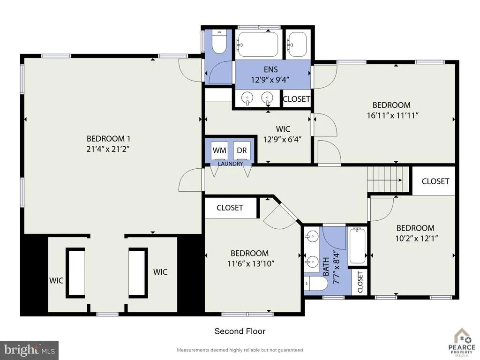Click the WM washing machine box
pyautogui.click(x=219, y=150)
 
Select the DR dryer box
pyautogui.click(x=242, y=150)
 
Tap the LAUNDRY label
pyautogui.click(x=230, y=164)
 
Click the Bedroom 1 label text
pyautogui.click(x=108, y=139)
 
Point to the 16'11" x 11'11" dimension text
pyautogui.click(x=393, y=115)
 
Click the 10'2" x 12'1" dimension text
pyautogui.click(x=417, y=238)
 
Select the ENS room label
pyautogui.click(x=270, y=69)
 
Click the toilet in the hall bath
pyautogui.click(x=316, y=284)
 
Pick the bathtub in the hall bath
pyautogui.click(x=357, y=246)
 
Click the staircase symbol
pyautogui.click(x=388, y=180)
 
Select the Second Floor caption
pyautogui.click(x=240, y=331)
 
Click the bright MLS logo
pyautogui.click(x=30, y=350)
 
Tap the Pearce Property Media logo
pyautogui.click(x=462, y=343)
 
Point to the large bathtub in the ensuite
pyautogui.click(x=258, y=44)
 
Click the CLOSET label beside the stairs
pyautogui.click(x=435, y=181)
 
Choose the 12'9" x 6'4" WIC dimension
pyautogui.click(x=282, y=139)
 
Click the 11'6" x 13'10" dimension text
pyautogui.click(x=251, y=263)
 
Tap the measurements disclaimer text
pyautogui.click(x=240, y=350)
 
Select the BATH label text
pyautogui.click(x=326, y=267)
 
